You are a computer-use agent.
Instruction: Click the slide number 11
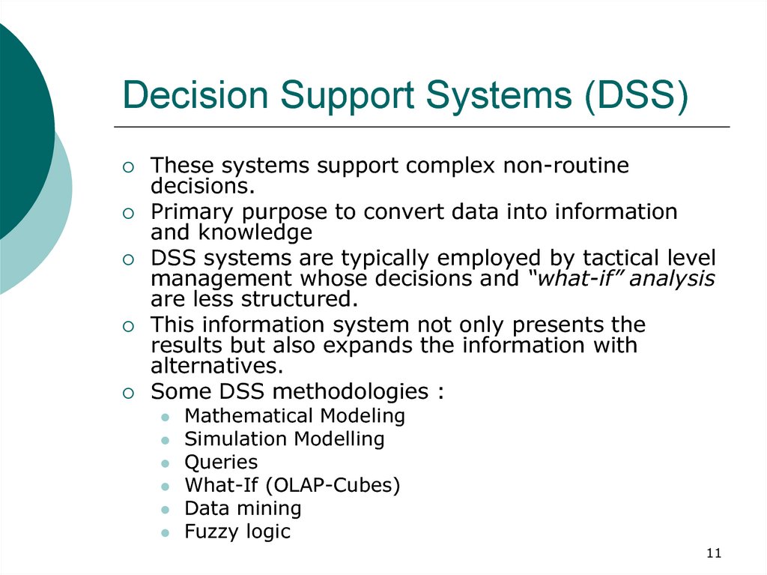coord(714,553)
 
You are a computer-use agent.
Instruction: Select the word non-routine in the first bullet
coord(566,165)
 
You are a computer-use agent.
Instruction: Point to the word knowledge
coord(255,232)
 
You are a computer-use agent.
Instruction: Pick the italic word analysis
coord(672,279)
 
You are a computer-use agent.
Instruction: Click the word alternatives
coord(217,365)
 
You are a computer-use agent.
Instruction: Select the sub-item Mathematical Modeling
coord(294,416)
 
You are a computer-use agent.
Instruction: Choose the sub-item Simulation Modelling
coord(284,439)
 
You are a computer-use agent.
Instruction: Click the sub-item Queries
coord(221,463)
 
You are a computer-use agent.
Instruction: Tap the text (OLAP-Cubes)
coord(333,485)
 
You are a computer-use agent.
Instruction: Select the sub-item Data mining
coord(243,508)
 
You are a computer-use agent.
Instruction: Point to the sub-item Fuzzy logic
coord(237,532)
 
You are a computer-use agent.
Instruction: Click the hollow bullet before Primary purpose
coord(128,214)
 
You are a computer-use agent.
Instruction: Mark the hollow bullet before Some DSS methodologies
coord(128,393)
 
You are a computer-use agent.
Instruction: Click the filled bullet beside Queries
coord(166,463)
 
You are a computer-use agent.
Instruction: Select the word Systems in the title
coord(499,95)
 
